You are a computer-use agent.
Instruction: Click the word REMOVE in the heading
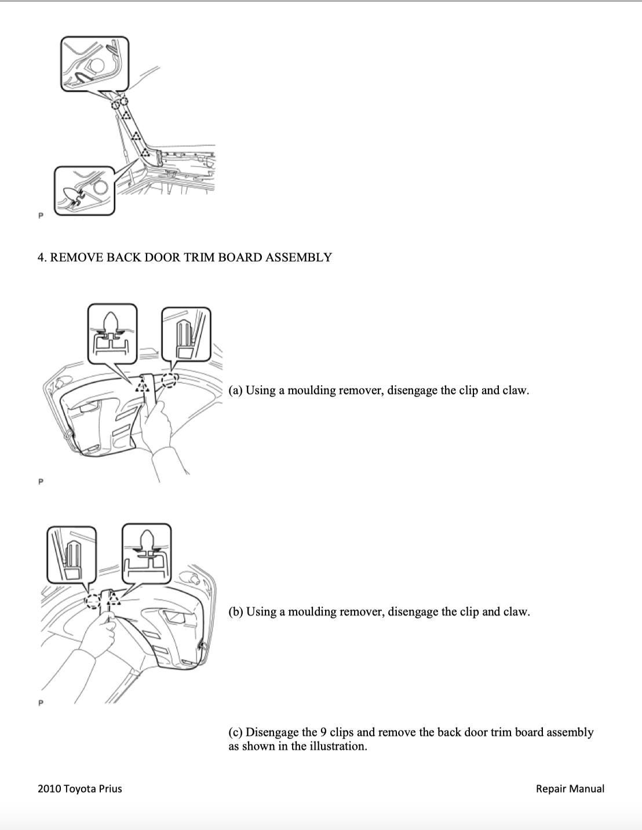(74, 257)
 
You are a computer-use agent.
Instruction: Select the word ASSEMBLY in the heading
(298, 257)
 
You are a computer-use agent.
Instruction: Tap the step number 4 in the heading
(41, 257)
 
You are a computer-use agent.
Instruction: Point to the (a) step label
(235, 390)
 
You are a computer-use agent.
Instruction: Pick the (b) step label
(236, 611)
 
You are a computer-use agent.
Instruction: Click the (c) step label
(235, 732)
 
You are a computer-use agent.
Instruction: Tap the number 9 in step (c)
(323, 732)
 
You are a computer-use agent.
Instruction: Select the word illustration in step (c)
(337, 746)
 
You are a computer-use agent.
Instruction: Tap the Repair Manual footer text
(570, 788)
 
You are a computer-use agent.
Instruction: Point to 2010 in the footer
(49, 788)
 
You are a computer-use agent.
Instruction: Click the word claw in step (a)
(515, 390)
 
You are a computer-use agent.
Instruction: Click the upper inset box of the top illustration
(94, 64)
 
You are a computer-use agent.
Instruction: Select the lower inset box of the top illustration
(85, 191)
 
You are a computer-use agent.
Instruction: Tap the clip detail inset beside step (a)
(112, 333)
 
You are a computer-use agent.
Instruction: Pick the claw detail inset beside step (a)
(185, 335)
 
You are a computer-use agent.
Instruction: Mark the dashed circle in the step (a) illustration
(169, 380)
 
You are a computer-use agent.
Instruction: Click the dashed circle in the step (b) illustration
(92, 601)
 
